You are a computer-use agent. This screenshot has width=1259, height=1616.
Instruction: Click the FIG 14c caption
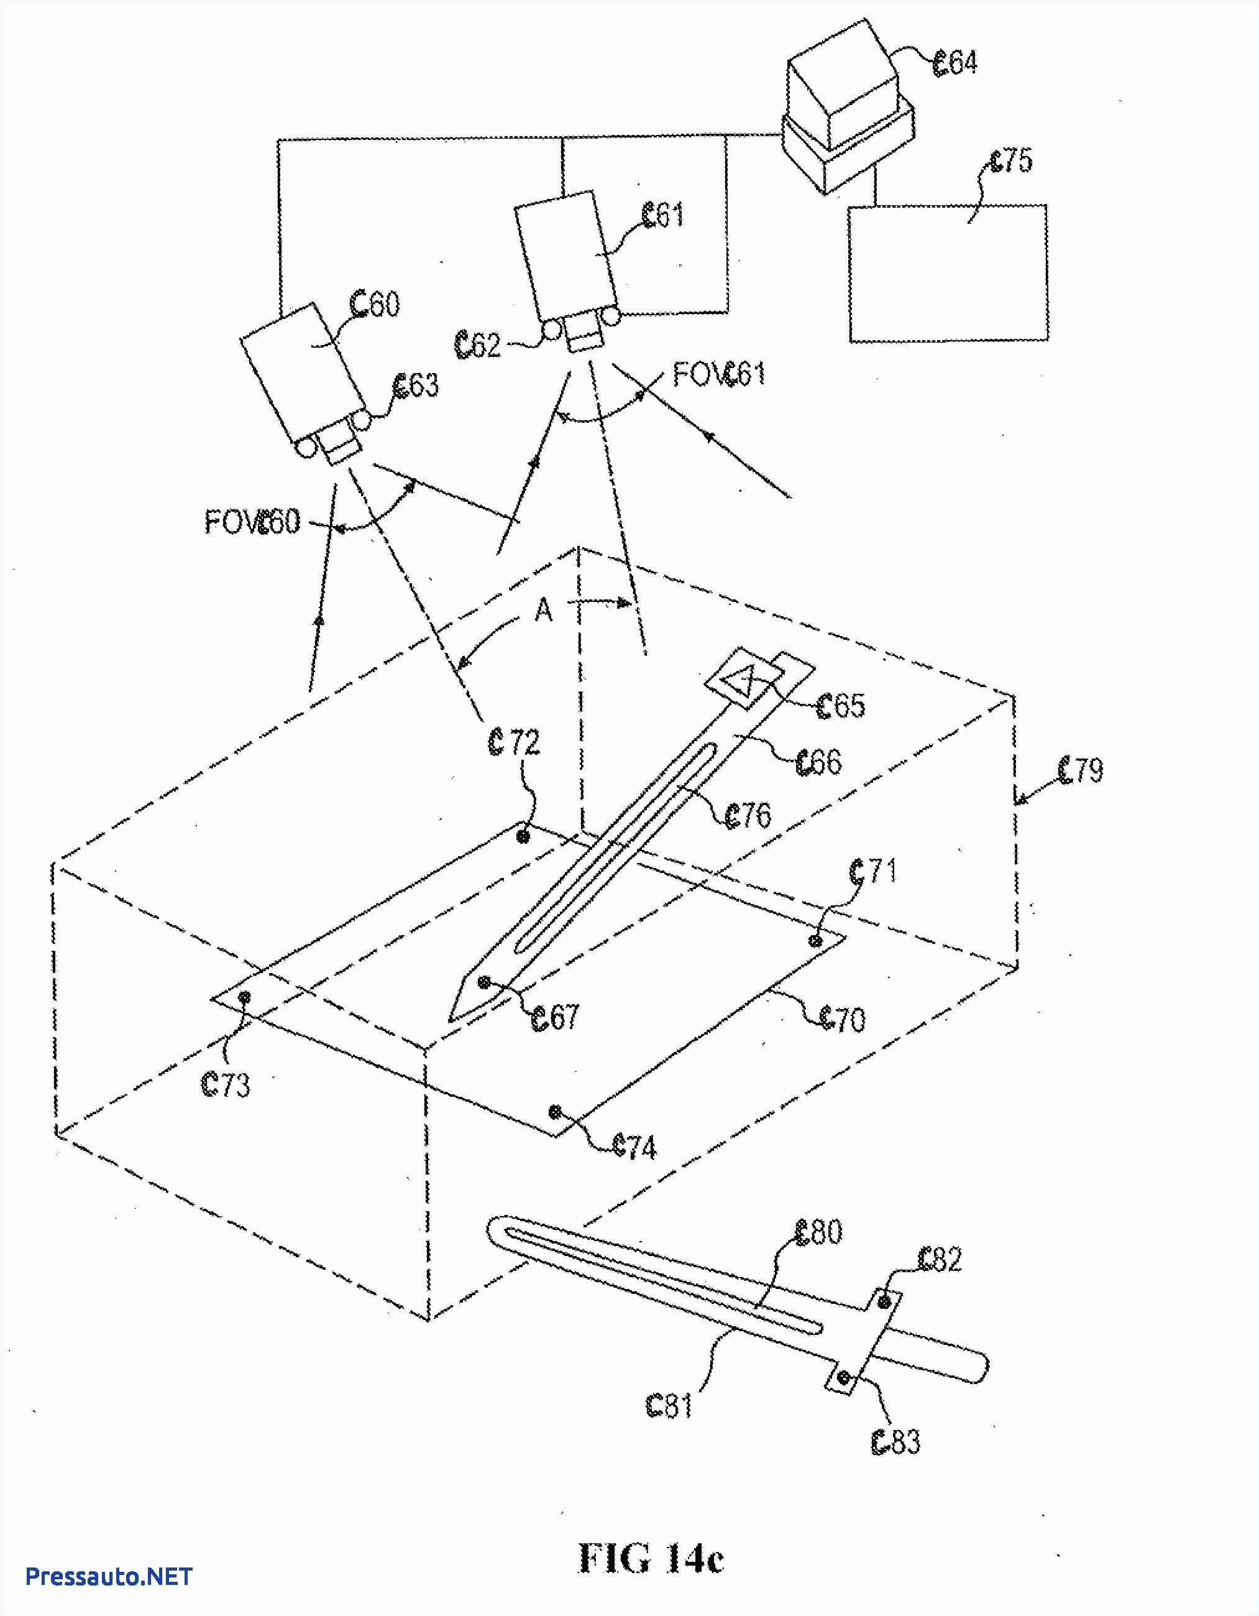click(x=650, y=1558)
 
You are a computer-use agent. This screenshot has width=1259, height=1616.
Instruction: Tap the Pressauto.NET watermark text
click(x=109, y=1576)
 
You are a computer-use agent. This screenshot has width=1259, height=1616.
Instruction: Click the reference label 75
click(x=1011, y=160)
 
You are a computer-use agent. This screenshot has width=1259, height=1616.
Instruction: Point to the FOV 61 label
click(x=718, y=374)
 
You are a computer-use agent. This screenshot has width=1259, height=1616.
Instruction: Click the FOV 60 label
click(x=252, y=522)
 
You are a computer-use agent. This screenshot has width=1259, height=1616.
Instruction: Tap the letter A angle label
click(x=544, y=611)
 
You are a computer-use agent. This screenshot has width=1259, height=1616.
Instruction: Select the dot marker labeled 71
click(x=816, y=941)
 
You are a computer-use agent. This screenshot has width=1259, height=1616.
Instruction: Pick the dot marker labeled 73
click(x=244, y=998)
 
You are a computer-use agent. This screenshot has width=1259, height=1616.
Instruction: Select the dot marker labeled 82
click(x=883, y=1301)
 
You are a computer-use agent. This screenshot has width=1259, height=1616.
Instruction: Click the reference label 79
click(x=1081, y=770)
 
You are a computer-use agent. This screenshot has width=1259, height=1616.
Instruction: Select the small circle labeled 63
click(x=362, y=420)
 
